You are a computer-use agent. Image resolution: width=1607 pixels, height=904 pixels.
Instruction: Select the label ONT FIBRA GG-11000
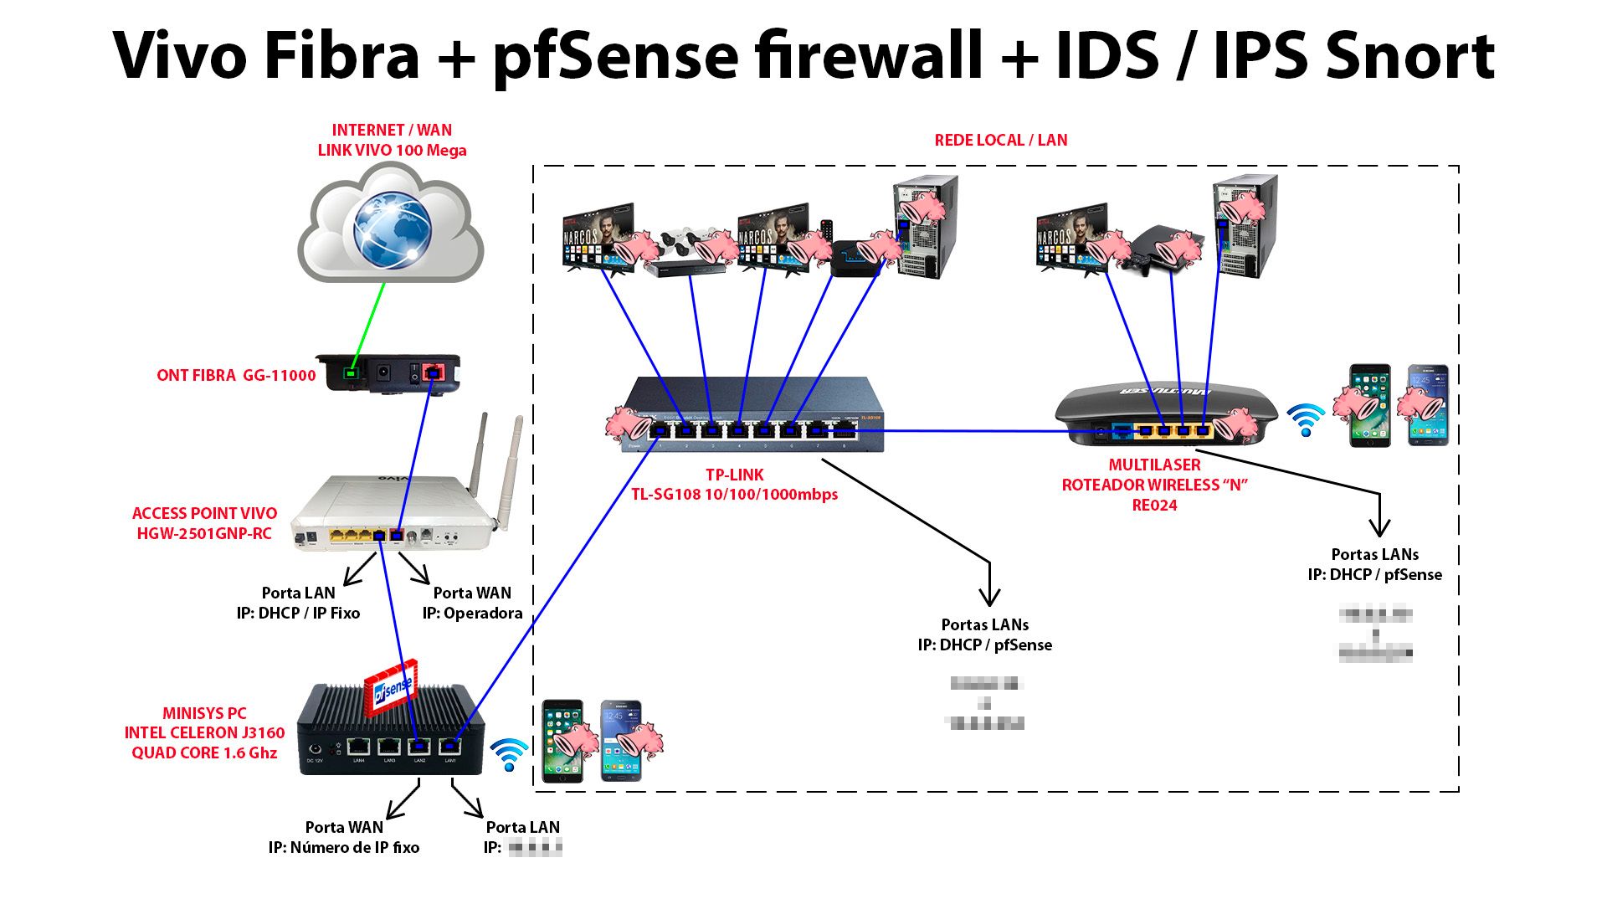click(236, 376)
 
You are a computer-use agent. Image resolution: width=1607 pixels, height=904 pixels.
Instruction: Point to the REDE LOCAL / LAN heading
click(1000, 141)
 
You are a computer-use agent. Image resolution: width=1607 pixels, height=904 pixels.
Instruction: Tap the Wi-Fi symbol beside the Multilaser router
click(1305, 419)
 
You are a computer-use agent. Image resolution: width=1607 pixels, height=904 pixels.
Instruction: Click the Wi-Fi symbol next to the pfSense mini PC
click(509, 754)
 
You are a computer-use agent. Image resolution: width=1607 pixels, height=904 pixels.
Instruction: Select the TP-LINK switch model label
click(734, 495)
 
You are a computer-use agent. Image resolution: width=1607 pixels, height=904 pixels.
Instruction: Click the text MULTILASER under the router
click(1154, 465)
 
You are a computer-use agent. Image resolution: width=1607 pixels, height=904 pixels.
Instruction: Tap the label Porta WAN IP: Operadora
click(472, 604)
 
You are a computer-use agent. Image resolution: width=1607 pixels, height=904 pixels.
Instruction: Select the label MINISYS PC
click(204, 713)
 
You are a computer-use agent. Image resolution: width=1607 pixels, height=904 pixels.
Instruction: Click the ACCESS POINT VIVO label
click(204, 514)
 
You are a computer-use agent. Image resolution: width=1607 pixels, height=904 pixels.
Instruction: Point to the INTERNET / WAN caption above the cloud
click(392, 131)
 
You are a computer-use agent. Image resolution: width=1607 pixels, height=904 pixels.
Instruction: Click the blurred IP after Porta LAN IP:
click(535, 848)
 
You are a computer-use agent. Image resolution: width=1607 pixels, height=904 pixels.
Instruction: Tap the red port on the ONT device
click(433, 372)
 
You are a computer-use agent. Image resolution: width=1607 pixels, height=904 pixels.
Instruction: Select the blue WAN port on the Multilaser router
click(1122, 432)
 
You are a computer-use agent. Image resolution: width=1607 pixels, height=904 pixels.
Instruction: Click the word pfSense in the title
click(616, 55)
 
